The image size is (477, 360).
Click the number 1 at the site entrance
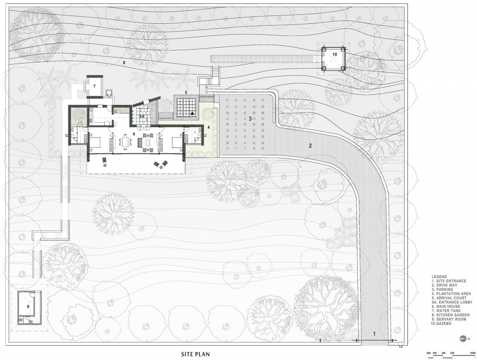(x=375, y=334)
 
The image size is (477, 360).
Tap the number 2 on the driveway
(x=310, y=145)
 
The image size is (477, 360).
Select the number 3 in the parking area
(x=250, y=119)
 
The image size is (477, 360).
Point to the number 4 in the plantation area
(x=208, y=128)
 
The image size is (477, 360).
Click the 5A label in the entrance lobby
(x=142, y=117)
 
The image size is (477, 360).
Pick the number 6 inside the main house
(x=134, y=134)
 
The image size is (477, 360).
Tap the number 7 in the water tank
(x=94, y=86)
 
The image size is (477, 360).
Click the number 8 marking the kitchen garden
(x=124, y=63)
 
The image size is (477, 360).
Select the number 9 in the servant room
(x=28, y=306)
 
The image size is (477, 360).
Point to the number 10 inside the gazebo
(x=334, y=54)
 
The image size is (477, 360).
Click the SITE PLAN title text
(x=195, y=354)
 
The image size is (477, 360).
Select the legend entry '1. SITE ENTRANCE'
(x=449, y=281)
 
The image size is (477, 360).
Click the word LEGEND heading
(x=439, y=277)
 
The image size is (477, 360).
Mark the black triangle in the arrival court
(x=192, y=113)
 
